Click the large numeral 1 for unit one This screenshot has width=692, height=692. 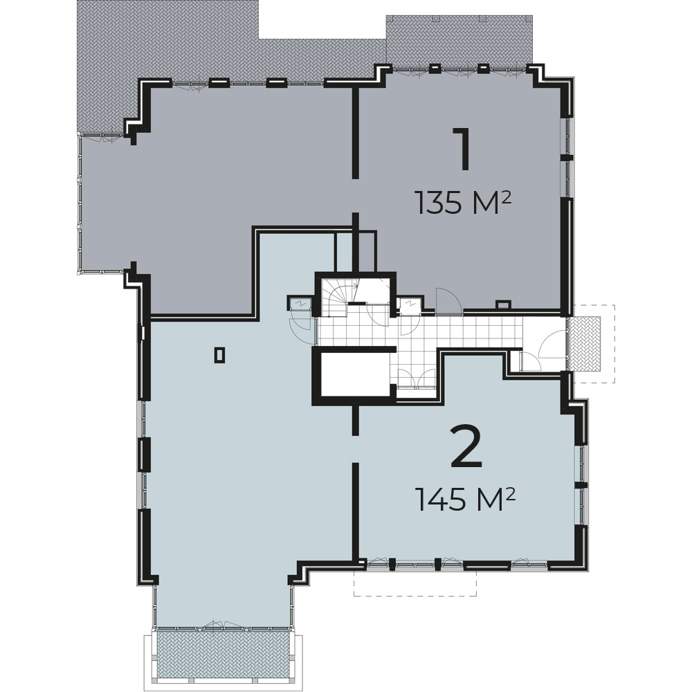(462, 149)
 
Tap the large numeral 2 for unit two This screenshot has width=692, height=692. (466, 446)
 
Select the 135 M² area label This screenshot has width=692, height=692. (464, 203)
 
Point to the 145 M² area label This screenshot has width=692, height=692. (466, 499)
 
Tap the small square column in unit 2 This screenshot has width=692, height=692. (219, 355)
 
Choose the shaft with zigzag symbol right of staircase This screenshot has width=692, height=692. (410, 304)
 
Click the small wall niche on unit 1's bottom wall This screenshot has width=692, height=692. (504, 304)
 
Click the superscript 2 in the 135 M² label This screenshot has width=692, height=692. (507, 197)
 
